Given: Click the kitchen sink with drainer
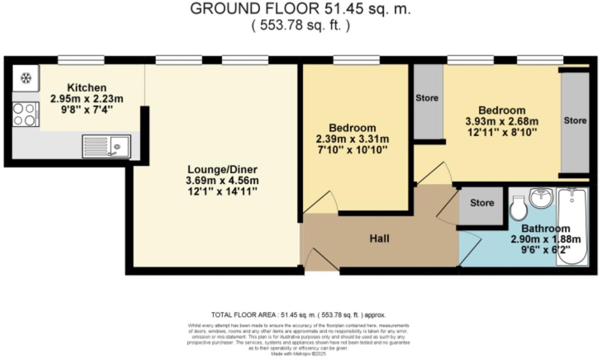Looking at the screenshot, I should pos(106,146).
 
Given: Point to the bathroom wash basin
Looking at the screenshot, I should pos(541,198).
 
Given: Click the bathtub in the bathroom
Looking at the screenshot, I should pos(572,226).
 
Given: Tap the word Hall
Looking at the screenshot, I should pos(379,238).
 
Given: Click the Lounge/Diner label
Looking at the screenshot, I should pos(222,169).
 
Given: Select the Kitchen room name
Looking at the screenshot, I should pos(87,87).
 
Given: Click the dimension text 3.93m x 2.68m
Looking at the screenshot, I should pos(502,121).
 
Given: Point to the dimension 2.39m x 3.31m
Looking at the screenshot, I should pos(353,139).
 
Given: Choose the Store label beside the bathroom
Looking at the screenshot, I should pos(482,203).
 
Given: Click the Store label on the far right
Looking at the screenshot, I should pos(575,120).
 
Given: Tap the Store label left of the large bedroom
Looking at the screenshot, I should pos(427,98).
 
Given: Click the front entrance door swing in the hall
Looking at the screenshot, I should pos(320,261).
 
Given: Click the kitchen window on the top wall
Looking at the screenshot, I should pos(81,60).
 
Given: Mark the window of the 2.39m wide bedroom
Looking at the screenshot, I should pos(356,60).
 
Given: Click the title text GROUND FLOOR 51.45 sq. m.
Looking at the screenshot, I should pos(300,9).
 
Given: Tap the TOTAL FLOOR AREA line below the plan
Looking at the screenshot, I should pos(298,315).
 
